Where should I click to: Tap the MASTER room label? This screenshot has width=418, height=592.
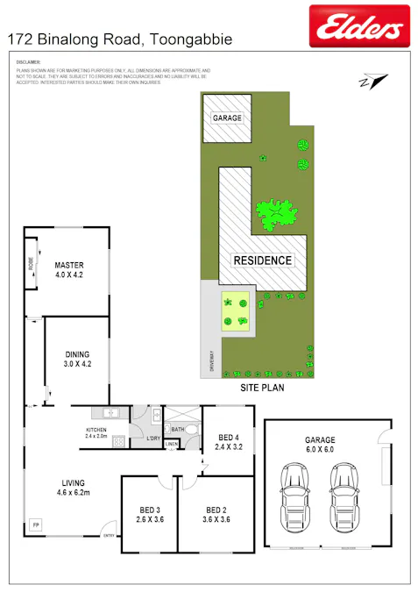coord(68,268)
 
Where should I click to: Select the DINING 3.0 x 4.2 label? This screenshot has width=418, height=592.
coord(77,359)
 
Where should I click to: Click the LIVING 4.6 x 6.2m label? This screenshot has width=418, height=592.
coord(73,488)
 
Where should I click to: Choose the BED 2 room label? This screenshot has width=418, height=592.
coord(216,515)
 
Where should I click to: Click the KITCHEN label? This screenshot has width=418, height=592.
coord(96,429)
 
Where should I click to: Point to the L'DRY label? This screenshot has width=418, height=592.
coord(152,438)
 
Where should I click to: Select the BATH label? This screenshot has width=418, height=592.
coord(177,430)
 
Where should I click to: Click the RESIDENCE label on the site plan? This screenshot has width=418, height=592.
coord(262,260)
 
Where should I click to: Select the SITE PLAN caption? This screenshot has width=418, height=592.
coord(262,386)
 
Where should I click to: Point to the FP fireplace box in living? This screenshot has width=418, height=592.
coord(36,524)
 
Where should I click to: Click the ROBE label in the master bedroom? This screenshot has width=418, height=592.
coord(31,262)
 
